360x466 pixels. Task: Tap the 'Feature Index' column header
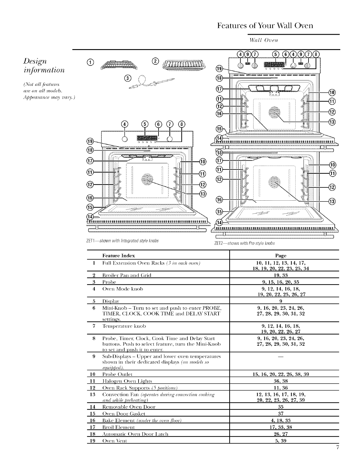click(x=119, y=255)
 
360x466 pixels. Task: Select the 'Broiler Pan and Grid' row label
click(x=127, y=275)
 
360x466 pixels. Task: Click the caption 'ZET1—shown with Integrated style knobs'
click(x=123, y=241)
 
